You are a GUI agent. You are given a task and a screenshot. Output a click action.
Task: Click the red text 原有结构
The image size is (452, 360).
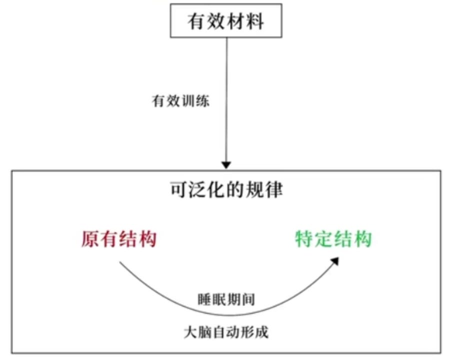(119, 239)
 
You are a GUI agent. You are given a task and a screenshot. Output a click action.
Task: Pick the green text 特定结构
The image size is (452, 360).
(333, 239)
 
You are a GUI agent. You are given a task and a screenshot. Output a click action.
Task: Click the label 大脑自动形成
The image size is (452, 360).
(226, 332)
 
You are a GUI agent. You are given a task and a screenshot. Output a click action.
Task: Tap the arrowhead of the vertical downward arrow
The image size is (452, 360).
(226, 164)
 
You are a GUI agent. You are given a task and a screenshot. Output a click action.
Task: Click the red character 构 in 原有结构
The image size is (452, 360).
(148, 239)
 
